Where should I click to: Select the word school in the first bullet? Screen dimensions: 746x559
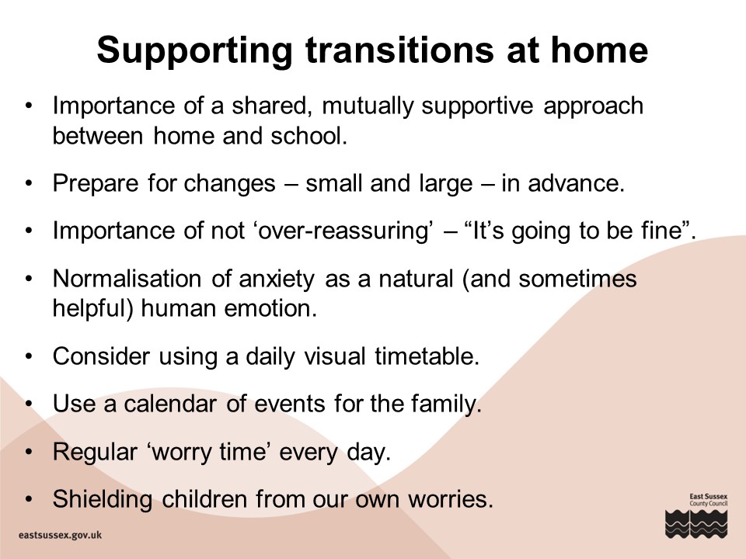coord(309,136)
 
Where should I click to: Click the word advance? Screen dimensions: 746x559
coord(576,183)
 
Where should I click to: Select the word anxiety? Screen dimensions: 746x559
coord(277,279)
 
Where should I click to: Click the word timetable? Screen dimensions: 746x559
coord(427,356)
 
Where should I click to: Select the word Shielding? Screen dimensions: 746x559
coord(103,499)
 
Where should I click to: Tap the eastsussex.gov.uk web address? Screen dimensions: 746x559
coord(61,535)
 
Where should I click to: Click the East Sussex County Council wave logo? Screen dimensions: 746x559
coord(696,524)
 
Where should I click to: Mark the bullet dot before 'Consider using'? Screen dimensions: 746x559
coord(29,356)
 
